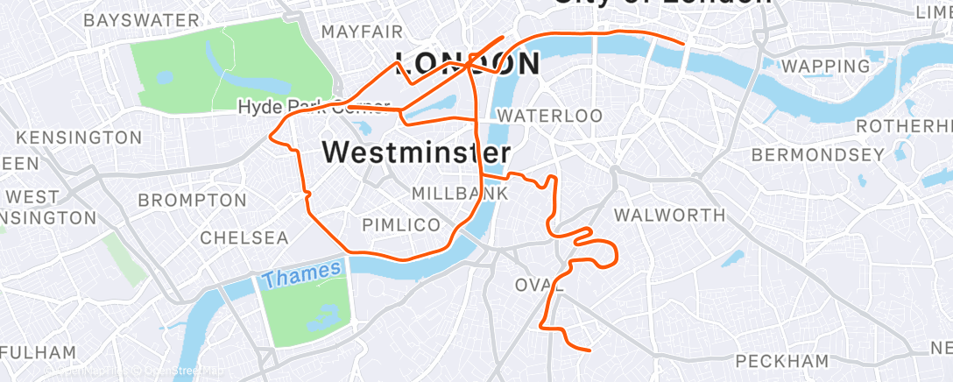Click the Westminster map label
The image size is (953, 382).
pyautogui.click(x=416, y=152)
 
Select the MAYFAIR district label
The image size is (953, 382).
pyautogui.click(x=362, y=32)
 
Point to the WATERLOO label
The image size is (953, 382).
pyautogui.click(x=549, y=116)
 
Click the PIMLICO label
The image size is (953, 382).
pyautogui.click(x=402, y=225)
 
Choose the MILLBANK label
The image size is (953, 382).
pyautogui.click(x=459, y=192)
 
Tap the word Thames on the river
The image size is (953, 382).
pyautogui.click(x=300, y=275)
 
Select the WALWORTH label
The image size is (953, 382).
pyautogui.click(x=669, y=215)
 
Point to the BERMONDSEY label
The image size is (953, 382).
pyautogui.click(x=817, y=155)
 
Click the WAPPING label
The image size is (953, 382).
pyautogui.click(x=826, y=66)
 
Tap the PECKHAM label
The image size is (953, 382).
pyautogui.click(x=782, y=361)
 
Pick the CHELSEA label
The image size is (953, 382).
pyautogui.click(x=244, y=237)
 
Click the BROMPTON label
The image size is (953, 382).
pyautogui.click(x=192, y=201)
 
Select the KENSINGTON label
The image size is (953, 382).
pyautogui.click(x=79, y=138)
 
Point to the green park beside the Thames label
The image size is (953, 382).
pyautogui.click(x=307, y=310)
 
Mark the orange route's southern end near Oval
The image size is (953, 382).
pyautogui.click(x=589, y=350)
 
